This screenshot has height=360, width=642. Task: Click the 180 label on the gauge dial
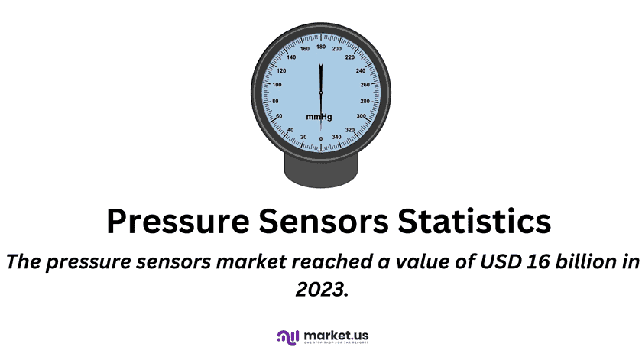pos(321,47)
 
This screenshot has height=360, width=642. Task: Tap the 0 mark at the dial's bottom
pos(321,138)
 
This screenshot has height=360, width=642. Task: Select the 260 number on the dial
pos(365,85)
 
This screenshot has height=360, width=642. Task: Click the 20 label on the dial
pos(303,137)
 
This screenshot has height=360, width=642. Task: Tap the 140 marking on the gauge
pos(290,57)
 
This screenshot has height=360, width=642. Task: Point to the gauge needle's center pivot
pos(321,92)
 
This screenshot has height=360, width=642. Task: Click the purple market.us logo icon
pos(287,337)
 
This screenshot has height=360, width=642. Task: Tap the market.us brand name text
pos(336,335)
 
